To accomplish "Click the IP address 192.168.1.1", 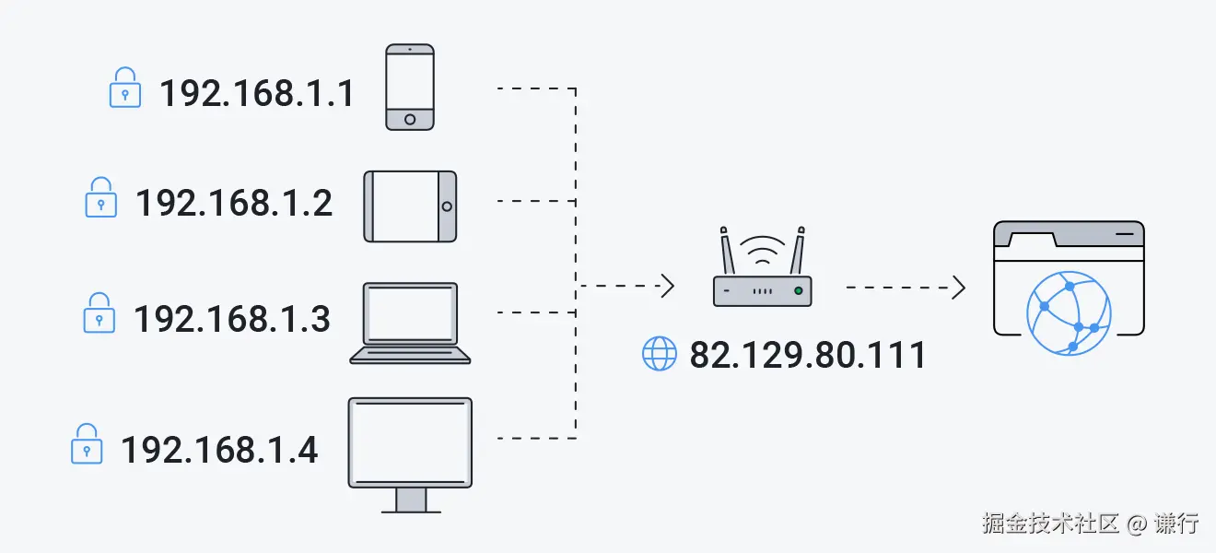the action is [257, 93].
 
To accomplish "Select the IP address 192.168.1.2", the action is [234, 203].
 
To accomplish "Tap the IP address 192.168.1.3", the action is [232, 319].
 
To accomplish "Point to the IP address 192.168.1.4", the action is [219, 450].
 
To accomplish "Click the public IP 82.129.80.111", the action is [808, 355].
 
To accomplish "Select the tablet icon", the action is [410, 206].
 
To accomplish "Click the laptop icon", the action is [410, 323].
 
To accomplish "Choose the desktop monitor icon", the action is [410, 452].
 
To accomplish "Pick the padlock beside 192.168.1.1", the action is [125, 88].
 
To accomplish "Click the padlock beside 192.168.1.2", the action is [101, 198].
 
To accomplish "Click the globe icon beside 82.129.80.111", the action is [659, 354].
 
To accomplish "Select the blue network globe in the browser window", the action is [1069, 313].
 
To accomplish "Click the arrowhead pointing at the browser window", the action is [959, 288].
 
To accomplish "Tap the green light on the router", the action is [798, 291].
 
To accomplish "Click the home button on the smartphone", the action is [410, 119].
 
